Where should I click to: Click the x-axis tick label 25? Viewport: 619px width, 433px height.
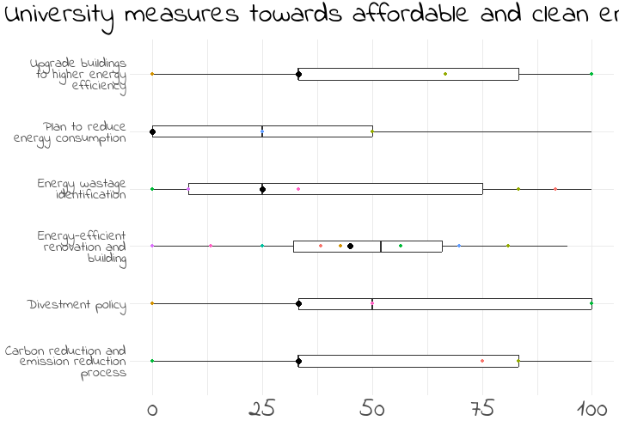pos(262,409)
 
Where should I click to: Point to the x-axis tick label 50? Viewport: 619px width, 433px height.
pos(372,409)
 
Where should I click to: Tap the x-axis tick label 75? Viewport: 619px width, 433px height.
pos(481,409)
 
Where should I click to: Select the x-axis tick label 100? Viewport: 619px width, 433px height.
pos(591,409)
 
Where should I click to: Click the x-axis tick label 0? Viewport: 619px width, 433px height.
pos(152,409)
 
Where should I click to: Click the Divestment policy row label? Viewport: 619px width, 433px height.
pos(77,305)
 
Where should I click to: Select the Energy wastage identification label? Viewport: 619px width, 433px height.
pos(82,189)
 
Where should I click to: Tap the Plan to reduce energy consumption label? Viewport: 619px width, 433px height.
pos(70,132)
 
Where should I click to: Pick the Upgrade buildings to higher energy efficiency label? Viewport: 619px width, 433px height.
pos(78,75)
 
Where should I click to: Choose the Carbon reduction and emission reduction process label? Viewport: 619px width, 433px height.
pos(65,362)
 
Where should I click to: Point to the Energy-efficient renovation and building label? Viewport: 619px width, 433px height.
pos(83,247)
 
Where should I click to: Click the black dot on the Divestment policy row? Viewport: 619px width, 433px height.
pos(298,303)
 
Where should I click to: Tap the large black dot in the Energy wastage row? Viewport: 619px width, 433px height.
pos(262,189)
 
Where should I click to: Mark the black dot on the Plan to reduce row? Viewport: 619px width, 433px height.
pos(152,131)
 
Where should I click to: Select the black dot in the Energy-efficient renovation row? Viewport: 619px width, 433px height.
pos(350,247)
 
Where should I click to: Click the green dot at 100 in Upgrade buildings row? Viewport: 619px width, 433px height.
pos(591,74)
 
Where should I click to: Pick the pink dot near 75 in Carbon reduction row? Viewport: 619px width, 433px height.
pos(482,361)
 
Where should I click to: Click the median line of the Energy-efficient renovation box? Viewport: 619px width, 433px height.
pos(381,247)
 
